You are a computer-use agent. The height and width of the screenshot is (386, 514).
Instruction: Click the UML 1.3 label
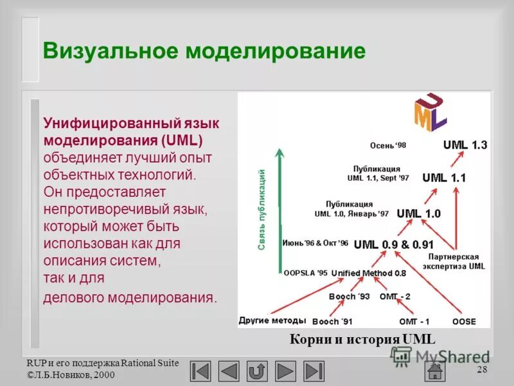click(x=465, y=145)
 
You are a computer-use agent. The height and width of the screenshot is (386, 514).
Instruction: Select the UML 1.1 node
click(x=444, y=178)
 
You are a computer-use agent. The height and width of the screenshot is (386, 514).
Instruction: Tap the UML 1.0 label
click(x=418, y=214)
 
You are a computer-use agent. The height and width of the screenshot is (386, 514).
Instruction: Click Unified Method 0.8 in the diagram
click(x=369, y=273)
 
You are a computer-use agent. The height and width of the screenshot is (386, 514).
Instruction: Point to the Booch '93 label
click(x=350, y=297)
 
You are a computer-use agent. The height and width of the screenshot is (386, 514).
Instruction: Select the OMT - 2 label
click(x=394, y=297)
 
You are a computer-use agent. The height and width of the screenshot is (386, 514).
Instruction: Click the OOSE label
click(x=464, y=320)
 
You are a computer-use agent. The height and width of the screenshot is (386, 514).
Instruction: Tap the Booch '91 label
click(x=332, y=321)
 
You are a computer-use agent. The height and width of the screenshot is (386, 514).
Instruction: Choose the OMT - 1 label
click(x=414, y=320)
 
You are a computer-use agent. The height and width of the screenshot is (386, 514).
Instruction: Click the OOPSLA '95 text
click(x=305, y=273)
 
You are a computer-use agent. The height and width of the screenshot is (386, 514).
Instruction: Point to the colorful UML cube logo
click(x=430, y=113)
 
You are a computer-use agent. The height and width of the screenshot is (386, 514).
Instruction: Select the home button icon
click(x=436, y=371)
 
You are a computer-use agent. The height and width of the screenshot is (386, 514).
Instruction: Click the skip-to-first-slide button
click(x=201, y=371)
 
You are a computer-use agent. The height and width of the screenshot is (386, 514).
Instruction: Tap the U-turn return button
click(x=257, y=371)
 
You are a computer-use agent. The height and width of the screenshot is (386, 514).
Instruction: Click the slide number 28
click(x=483, y=369)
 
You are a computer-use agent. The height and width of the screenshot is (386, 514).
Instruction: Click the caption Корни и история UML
click(x=362, y=339)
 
